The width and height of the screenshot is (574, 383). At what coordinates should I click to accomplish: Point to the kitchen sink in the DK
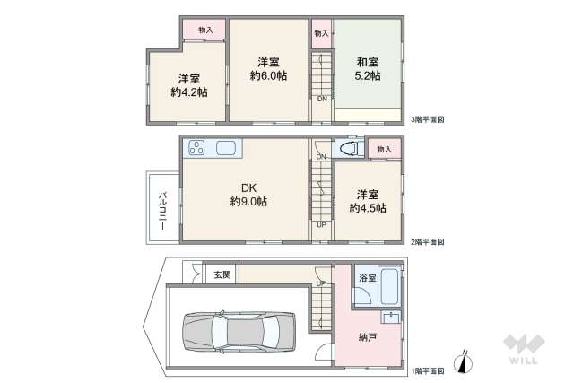click(226, 148)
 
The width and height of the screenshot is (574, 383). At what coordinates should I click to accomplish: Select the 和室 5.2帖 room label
click(367, 69)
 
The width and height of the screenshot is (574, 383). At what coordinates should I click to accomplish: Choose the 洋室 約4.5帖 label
click(368, 201)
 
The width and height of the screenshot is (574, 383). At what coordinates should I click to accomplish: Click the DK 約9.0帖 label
click(248, 195)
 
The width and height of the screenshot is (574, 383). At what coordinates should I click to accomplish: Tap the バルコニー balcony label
click(162, 209)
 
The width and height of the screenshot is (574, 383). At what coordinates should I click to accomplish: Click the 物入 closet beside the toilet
click(384, 149)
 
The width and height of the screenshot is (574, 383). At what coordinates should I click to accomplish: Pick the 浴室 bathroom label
click(366, 279)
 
